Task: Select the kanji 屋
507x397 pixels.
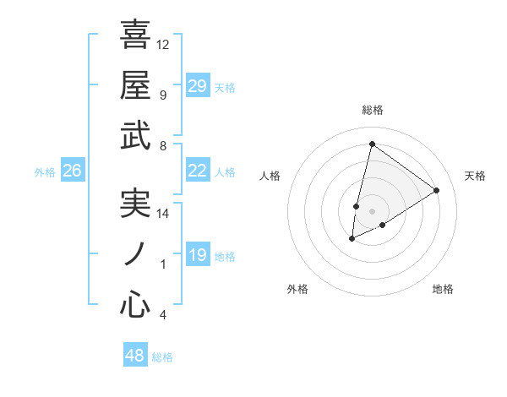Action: pyautogui.click(x=135, y=84)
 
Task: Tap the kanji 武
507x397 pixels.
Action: pyautogui.click(x=135, y=135)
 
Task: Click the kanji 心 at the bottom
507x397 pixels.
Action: pyautogui.click(x=135, y=305)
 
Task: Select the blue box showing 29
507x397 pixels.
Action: pyautogui.click(x=198, y=86)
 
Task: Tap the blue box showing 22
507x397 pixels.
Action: pyautogui.click(x=198, y=171)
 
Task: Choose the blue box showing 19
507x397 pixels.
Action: pyautogui.click(x=198, y=255)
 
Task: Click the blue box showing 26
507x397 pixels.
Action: pyautogui.click(x=72, y=171)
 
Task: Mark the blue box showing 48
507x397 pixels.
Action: pyautogui.click(x=135, y=356)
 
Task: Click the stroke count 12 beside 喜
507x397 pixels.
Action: pyautogui.click(x=163, y=44)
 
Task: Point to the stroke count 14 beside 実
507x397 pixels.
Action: pyautogui.click(x=163, y=214)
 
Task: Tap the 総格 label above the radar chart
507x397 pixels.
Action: pyautogui.click(x=372, y=111)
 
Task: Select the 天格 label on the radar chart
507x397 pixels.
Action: pyautogui.click(x=475, y=176)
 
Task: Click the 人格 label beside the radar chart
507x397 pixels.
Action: pyautogui.click(x=270, y=176)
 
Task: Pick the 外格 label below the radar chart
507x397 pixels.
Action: pyautogui.click(x=297, y=289)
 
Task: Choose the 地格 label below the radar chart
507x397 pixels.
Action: pyautogui.click(x=443, y=289)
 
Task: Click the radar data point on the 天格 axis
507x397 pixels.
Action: pyautogui.click(x=436, y=191)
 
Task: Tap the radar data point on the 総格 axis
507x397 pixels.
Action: pyautogui.click(x=372, y=144)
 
